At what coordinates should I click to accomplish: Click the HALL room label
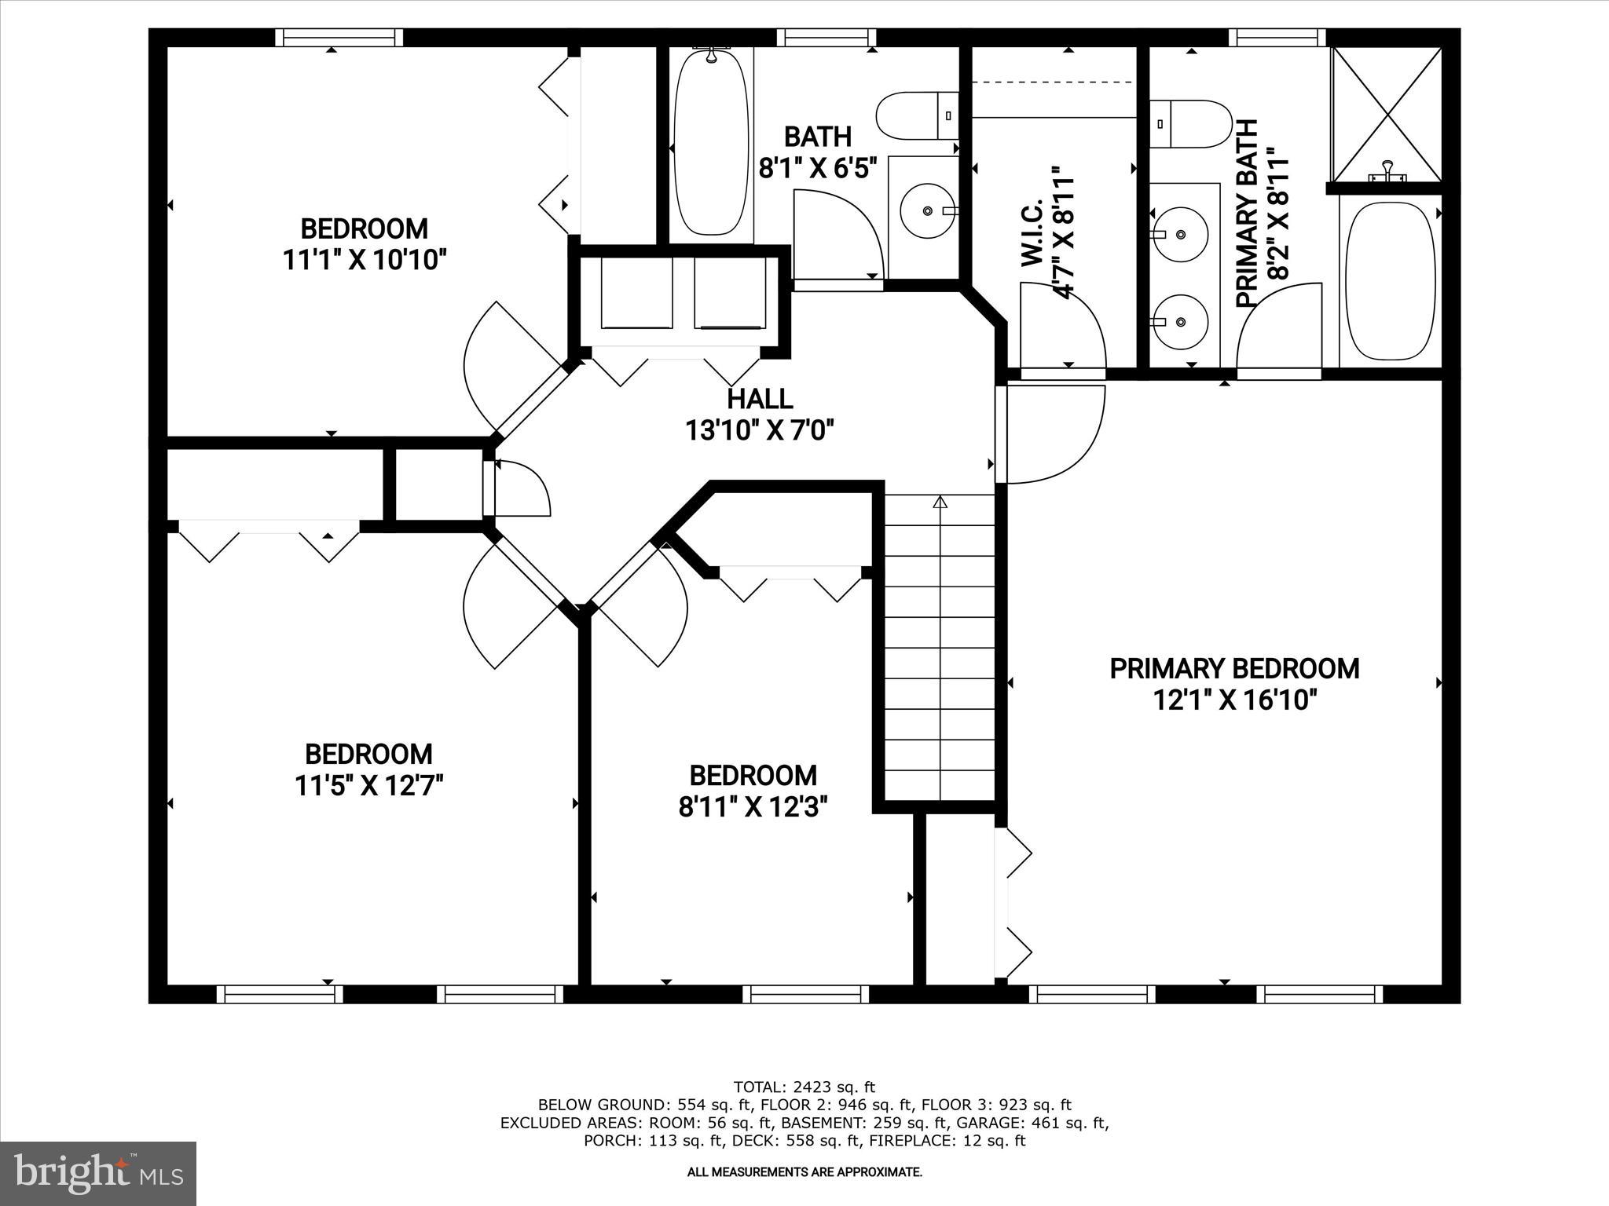coord(759,399)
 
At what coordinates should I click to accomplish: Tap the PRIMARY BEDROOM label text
coord(1233,669)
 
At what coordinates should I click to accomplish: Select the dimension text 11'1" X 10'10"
coord(365,260)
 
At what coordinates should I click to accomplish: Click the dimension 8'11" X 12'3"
coord(753,807)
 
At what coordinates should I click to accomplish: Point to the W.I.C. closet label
coord(1032,232)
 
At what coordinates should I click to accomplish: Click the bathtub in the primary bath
coord(1390,281)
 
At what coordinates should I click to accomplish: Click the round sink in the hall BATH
coord(928,211)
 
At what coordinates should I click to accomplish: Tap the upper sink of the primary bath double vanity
coord(1180,233)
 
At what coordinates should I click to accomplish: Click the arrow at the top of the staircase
coord(940,502)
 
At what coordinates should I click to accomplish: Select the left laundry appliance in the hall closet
coord(636,293)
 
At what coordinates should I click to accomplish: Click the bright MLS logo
coord(98,1173)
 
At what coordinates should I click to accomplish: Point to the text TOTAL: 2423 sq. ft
coord(804,1087)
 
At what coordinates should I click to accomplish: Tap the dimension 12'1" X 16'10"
coord(1233,700)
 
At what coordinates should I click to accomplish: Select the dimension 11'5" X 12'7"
coord(369,785)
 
